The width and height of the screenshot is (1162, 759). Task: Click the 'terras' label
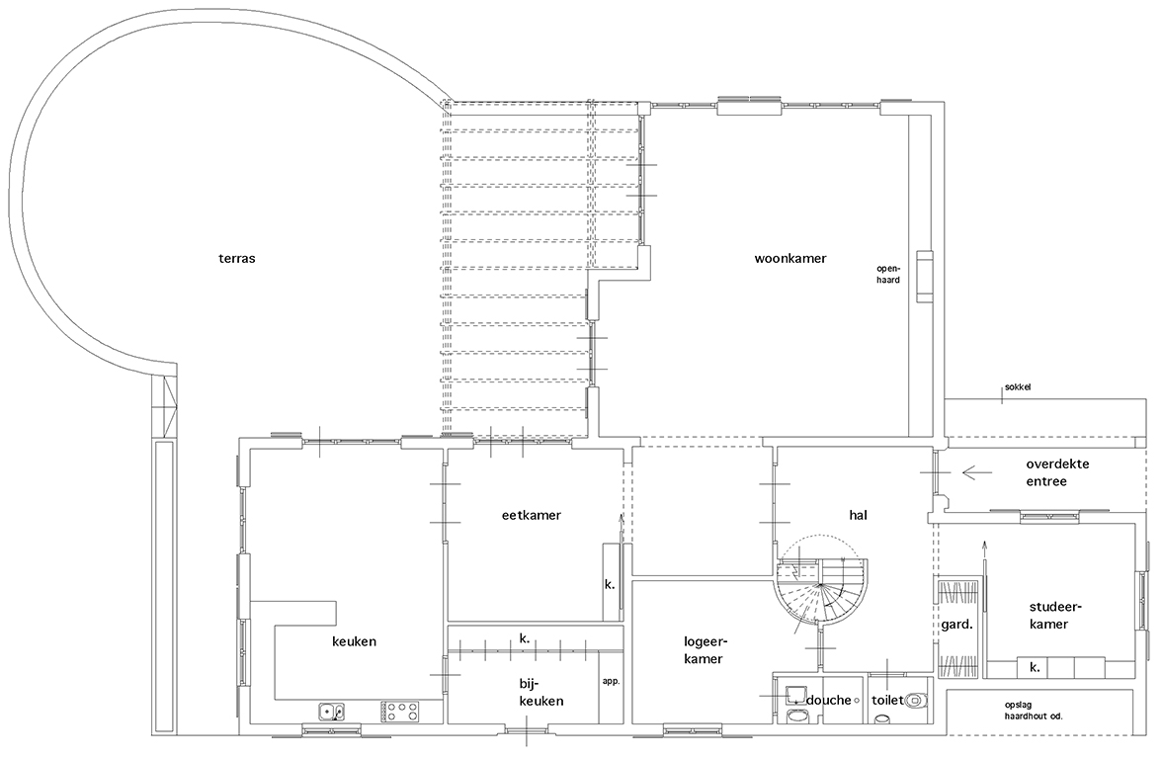point(237,259)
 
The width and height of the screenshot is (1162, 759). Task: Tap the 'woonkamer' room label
point(790,259)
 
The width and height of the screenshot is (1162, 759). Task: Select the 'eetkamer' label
point(532,515)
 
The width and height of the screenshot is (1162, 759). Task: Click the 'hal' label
point(858,515)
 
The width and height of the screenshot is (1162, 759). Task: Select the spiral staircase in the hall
point(821,590)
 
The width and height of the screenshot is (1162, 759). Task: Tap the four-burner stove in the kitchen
point(400,713)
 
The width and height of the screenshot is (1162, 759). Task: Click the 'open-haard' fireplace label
point(887,275)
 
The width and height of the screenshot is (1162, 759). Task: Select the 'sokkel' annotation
point(1018,387)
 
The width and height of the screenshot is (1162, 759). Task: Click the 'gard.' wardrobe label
point(956,625)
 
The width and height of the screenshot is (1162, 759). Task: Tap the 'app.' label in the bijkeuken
point(611,681)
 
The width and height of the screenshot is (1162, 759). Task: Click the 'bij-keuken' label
point(541,692)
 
